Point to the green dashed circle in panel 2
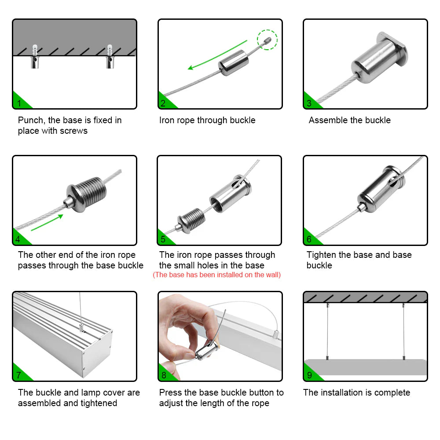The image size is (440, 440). [268, 40]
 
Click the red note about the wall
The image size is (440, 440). [216, 275]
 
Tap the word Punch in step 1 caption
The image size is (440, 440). [31, 120]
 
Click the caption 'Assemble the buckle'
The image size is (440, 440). [349, 120]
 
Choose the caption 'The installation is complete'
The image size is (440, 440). [356, 392]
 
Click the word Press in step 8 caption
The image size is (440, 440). [171, 392]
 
